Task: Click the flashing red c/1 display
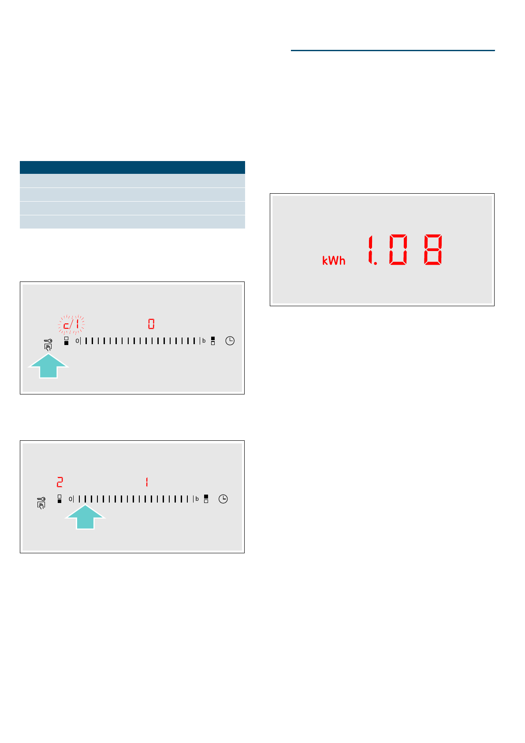[71, 325]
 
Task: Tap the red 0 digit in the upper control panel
[151, 324]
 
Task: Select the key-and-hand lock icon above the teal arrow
[48, 344]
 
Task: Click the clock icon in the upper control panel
[230, 341]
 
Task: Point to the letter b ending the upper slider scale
[204, 341]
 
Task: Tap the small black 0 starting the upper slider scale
[77, 341]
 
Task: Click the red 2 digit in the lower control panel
[60, 482]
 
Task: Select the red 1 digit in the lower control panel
[147, 482]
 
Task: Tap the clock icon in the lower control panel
[223, 499]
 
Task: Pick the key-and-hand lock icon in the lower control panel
[41, 503]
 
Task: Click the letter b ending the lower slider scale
[197, 499]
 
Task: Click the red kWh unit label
[334, 261]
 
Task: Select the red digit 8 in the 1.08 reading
[433, 250]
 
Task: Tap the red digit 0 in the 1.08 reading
[398, 250]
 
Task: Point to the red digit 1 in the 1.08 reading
[371, 250]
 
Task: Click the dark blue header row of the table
[132, 167]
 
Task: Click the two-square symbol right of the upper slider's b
[213, 341]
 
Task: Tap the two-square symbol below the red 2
[60, 499]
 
